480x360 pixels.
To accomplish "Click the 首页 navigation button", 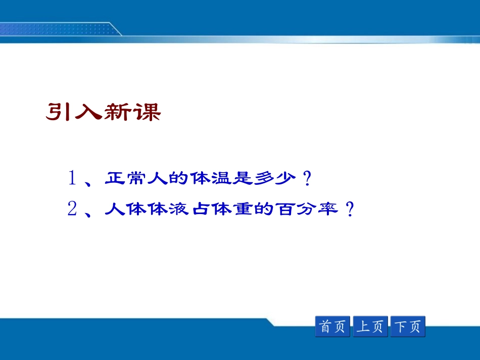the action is click(x=332, y=326).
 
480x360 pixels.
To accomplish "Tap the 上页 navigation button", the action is click(x=370, y=326).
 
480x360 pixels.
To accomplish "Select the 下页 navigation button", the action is click(x=408, y=326).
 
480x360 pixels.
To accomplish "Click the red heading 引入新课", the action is click(x=104, y=112).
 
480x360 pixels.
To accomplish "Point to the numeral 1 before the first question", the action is click(x=72, y=178).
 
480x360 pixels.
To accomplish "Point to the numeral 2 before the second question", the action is click(x=72, y=209).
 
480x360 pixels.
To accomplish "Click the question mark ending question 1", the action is click(x=307, y=178).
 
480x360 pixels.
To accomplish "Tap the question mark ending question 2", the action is click(x=350, y=209).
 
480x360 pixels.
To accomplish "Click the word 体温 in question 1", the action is click(x=210, y=178).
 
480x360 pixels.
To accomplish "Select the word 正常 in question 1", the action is click(x=125, y=178).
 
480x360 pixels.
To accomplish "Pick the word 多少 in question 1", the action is click(x=275, y=178).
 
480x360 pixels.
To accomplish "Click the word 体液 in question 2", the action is click(x=168, y=209).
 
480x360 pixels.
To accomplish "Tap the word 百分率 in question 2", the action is click(x=307, y=209).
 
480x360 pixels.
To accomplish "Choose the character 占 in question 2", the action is click(x=201, y=209).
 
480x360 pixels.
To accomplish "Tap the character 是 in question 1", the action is click(x=243, y=178).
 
